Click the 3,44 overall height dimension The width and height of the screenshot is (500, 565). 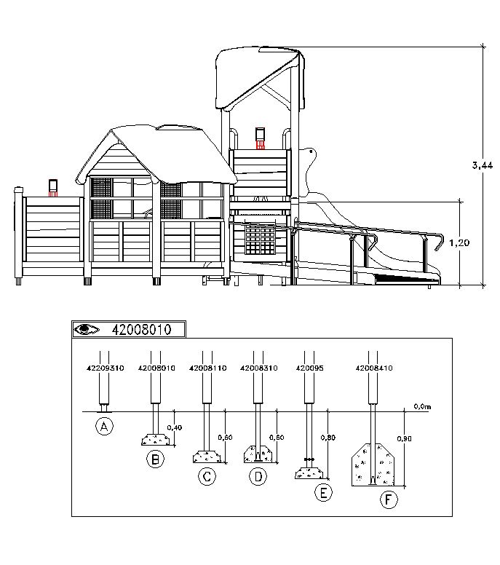[x=483, y=165]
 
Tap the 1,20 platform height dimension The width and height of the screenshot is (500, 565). [x=459, y=243]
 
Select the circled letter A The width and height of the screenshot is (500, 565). [x=104, y=427]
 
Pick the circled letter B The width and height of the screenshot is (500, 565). [x=155, y=459]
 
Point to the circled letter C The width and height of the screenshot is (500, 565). [x=207, y=476]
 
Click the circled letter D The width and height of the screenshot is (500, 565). [x=258, y=476]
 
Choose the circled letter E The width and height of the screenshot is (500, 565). [x=323, y=493]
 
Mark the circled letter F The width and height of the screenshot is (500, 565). [x=389, y=499]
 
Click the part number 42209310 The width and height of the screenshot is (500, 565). [x=106, y=368]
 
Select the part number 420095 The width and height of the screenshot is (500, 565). [x=310, y=368]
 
